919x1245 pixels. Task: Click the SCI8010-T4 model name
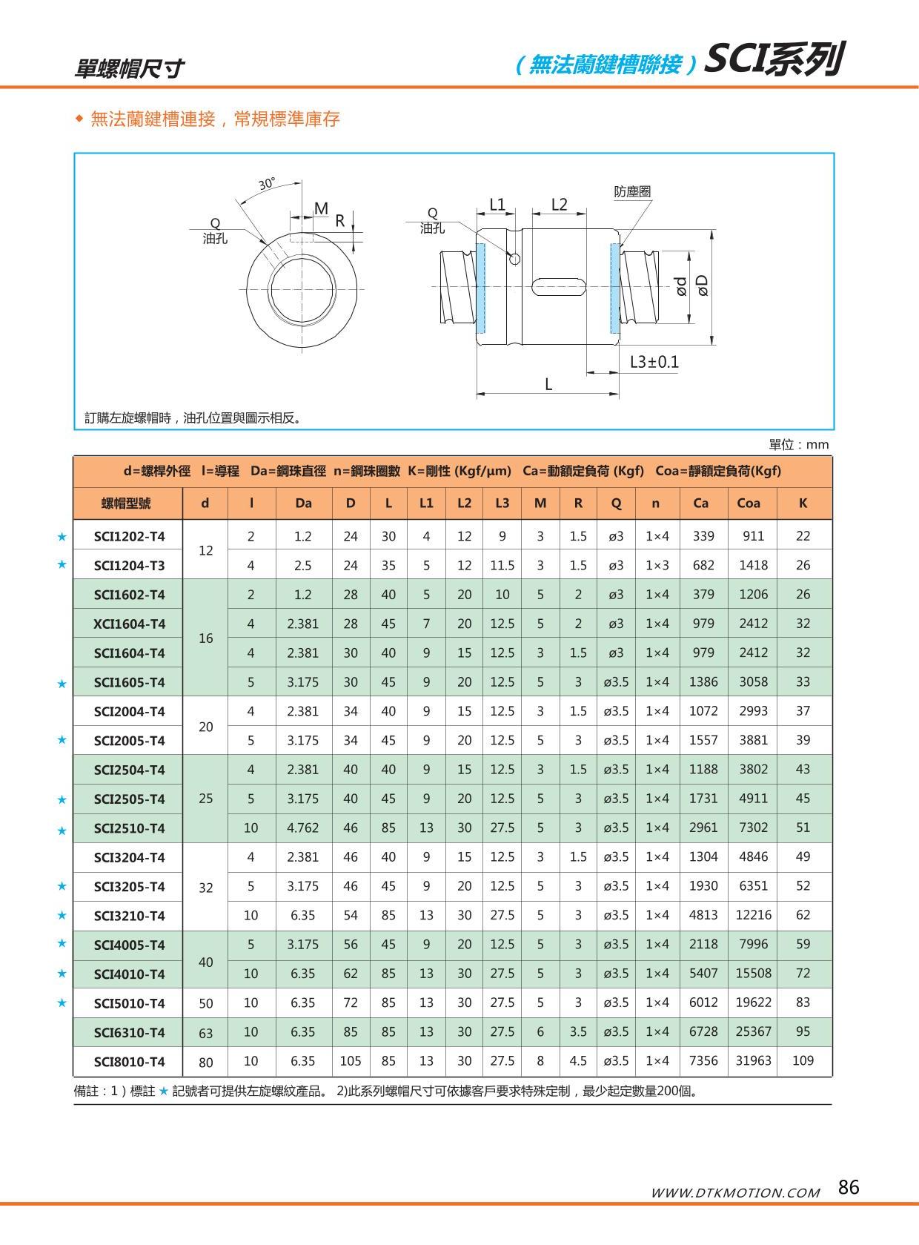[129, 1061]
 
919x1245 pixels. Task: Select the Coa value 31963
[753, 1060]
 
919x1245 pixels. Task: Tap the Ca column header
[700, 503]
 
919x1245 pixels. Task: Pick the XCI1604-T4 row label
[129, 624]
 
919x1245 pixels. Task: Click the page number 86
[849, 1187]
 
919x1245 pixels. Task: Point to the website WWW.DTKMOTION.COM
[735, 1192]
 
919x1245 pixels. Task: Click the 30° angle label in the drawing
[267, 184]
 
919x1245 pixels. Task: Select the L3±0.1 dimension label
[654, 362]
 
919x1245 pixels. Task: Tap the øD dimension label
[703, 285]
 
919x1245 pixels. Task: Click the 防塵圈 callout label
[632, 192]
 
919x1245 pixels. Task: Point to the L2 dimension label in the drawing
[559, 205]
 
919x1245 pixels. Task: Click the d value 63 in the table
[206, 1032]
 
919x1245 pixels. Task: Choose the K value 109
[803, 1060]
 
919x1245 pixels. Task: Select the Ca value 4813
[703, 915]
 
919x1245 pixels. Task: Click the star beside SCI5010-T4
[62, 1003]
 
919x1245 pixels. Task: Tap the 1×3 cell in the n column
[657, 565]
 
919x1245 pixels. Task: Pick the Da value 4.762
[302, 828]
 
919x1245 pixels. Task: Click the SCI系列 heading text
[773, 59]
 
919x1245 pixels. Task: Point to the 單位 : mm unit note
[798, 444]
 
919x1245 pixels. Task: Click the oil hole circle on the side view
[514, 258]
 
